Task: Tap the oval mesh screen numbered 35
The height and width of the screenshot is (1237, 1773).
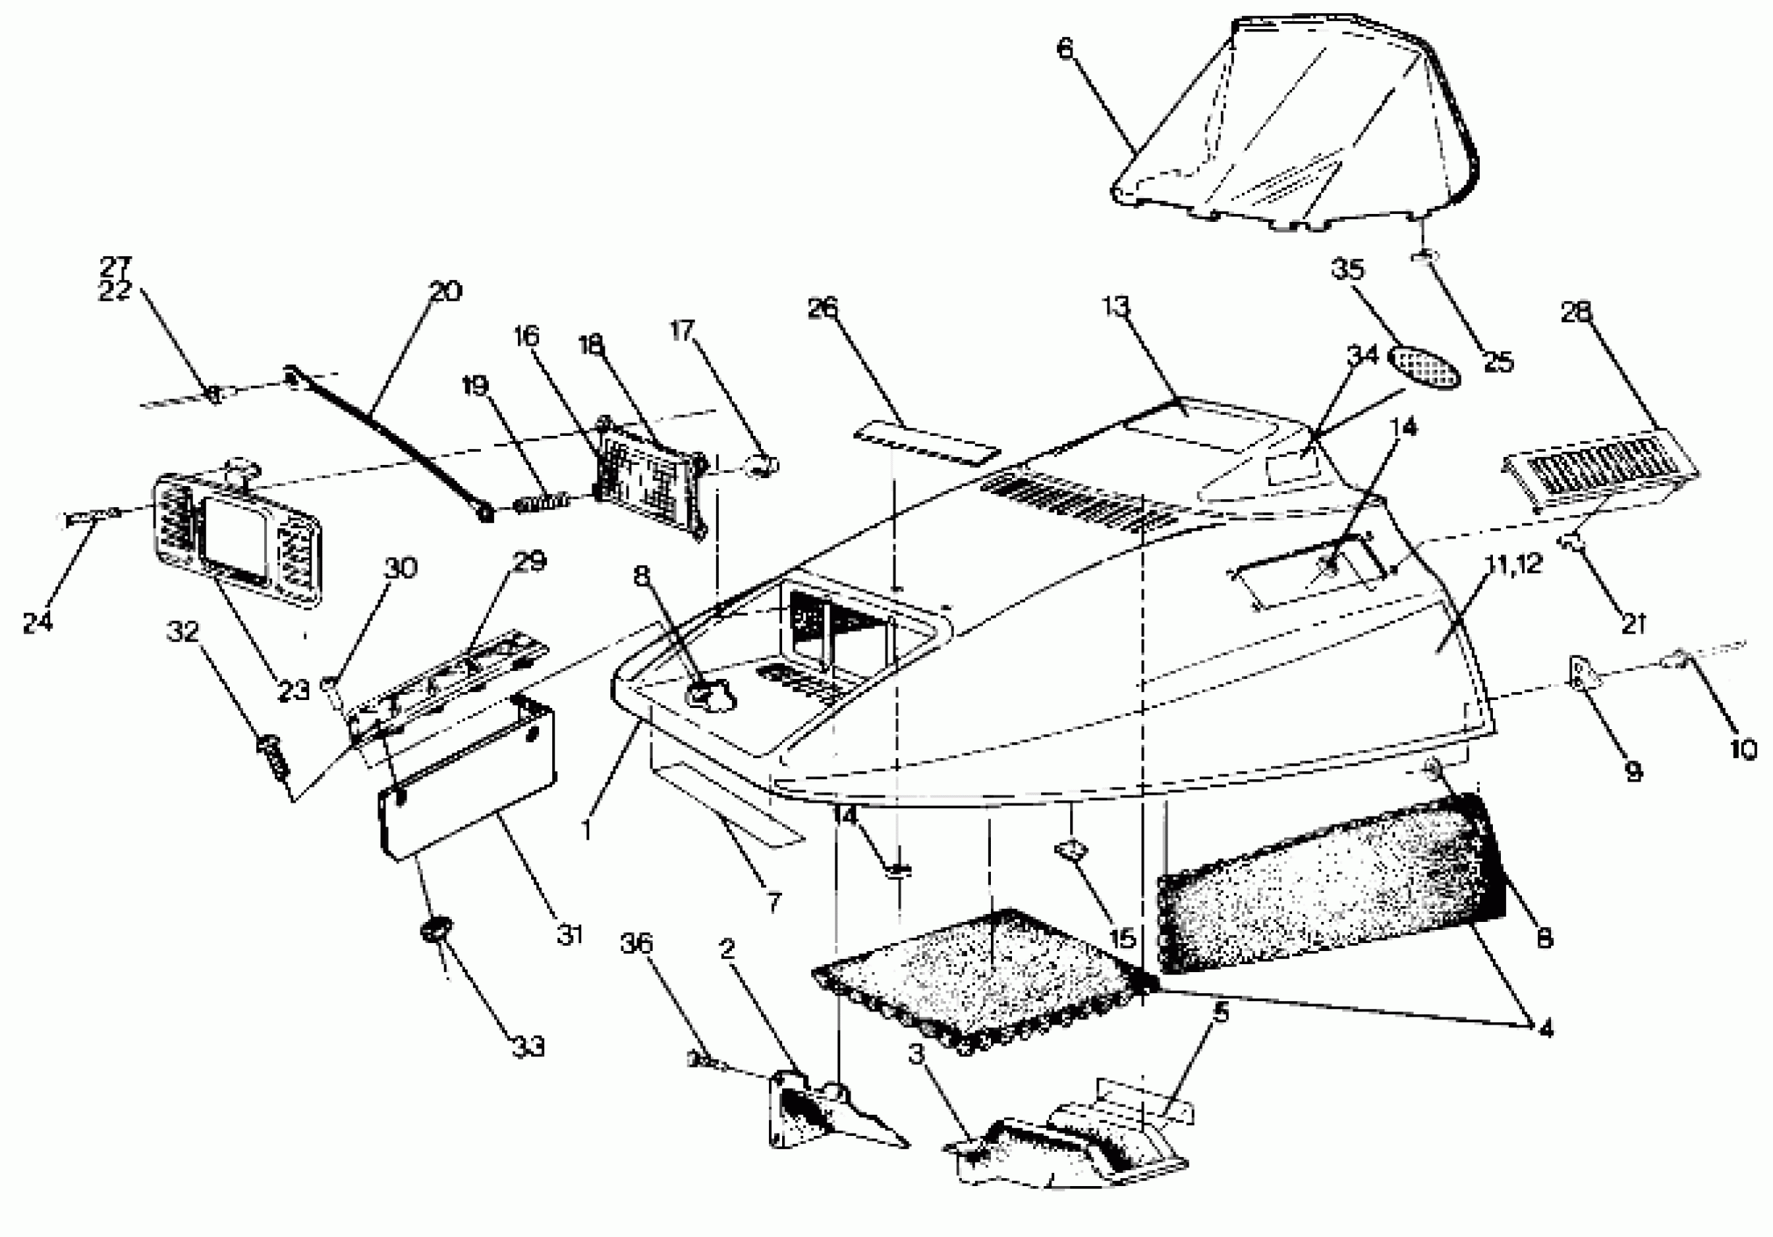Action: coord(1425,367)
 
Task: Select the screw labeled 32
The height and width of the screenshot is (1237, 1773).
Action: coord(273,755)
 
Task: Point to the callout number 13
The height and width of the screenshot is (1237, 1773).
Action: coord(1115,307)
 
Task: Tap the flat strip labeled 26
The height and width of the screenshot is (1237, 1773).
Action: coord(927,440)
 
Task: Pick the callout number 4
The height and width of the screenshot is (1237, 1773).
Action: coord(1545,1030)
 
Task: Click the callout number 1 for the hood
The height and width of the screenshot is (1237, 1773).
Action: coord(587,831)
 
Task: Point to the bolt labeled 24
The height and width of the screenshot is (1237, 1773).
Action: coord(89,517)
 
